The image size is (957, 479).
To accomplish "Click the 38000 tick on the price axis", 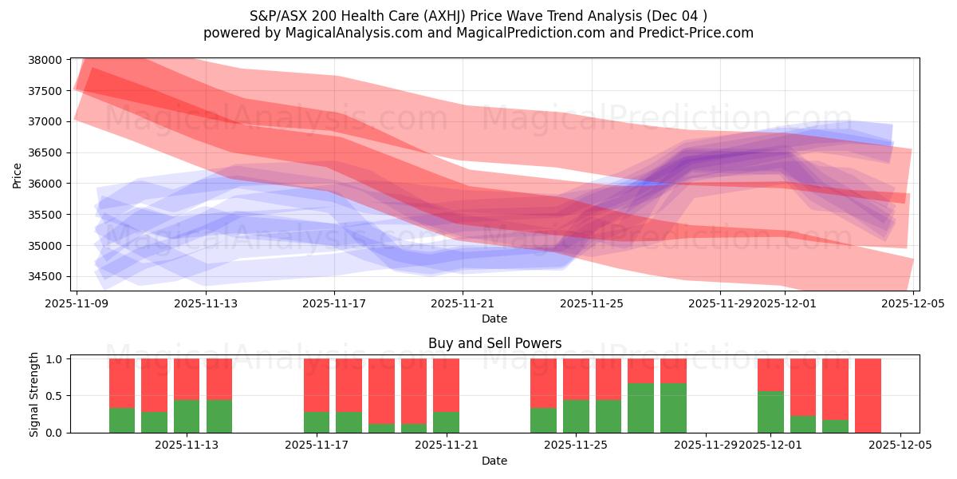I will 45,60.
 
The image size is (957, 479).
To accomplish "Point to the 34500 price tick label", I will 45,276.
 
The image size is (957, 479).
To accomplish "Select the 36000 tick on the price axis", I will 45,184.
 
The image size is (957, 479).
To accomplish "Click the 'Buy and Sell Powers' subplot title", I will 494,343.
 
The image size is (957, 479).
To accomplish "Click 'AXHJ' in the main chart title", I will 415,15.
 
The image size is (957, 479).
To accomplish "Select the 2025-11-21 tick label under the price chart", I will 463,303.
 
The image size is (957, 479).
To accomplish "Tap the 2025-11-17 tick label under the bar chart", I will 317,445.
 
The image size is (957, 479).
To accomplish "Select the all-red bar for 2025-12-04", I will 868,395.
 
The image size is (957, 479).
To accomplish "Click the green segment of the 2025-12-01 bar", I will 770,413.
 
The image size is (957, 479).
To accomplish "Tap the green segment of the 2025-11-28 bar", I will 673,408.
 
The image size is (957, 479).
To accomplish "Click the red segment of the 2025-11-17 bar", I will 317,385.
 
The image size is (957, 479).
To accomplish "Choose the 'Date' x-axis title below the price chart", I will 494,319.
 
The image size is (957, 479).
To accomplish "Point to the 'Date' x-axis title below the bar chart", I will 494,461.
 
